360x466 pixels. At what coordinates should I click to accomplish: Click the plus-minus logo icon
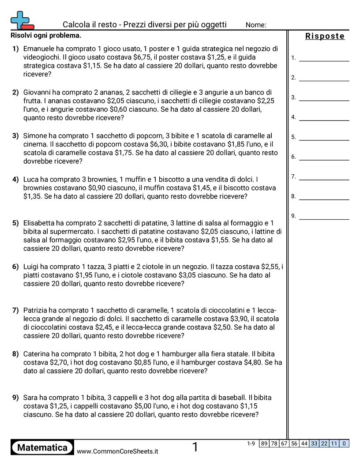tap(22, 20)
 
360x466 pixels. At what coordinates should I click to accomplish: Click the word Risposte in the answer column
tap(325, 36)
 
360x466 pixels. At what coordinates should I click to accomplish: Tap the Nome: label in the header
tap(256, 25)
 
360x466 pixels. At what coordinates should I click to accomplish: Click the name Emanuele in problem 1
tap(39, 49)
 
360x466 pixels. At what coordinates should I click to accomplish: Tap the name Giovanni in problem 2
tap(37, 92)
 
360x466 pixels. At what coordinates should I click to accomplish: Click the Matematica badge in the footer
tap(42, 448)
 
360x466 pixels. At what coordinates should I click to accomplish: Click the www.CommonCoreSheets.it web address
tap(117, 451)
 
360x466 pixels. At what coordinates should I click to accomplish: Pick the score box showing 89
tap(264, 443)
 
